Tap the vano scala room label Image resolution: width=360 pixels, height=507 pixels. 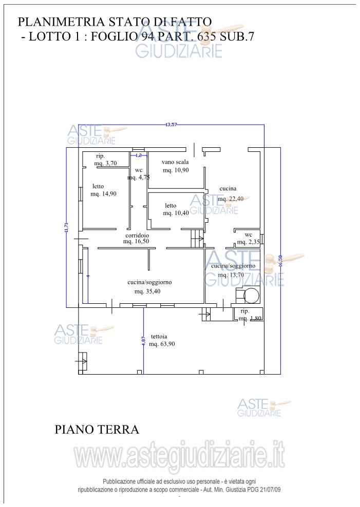point(175,162)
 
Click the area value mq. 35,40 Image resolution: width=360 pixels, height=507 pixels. point(148,291)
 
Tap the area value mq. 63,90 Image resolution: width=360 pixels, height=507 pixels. point(162,344)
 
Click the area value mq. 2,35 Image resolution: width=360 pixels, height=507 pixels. point(247,242)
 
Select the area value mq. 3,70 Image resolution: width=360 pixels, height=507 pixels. point(106,163)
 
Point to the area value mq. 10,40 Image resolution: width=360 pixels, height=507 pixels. point(176,213)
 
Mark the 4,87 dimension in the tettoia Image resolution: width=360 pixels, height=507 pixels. point(144,341)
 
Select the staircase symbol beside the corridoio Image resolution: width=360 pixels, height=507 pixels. point(197,238)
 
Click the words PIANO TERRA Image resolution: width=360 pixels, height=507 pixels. point(97,430)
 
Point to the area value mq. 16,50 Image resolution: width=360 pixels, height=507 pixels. point(136,241)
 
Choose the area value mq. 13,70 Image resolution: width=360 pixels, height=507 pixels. point(231,275)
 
